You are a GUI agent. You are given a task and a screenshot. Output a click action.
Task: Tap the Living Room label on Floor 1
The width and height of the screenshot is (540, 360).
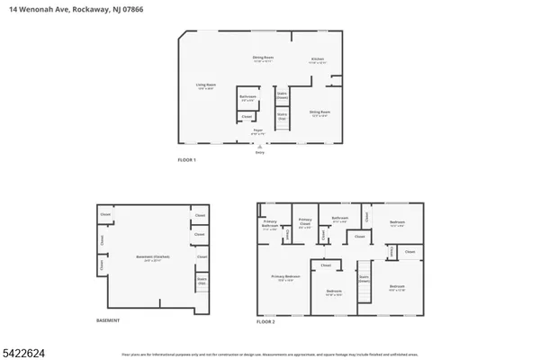click(x=206, y=86)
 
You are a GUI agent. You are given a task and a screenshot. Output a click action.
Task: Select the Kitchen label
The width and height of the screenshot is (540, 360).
click(x=319, y=60)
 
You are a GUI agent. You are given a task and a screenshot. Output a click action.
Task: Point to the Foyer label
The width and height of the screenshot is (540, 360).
click(x=257, y=131)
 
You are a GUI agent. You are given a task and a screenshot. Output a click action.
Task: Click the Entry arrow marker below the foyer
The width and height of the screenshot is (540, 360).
click(x=260, y=151)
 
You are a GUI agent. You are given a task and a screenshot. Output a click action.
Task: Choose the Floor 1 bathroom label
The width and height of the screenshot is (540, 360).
click(x=247, y=97)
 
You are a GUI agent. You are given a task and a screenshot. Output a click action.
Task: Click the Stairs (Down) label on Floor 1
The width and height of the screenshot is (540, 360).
click(x=282, y=97)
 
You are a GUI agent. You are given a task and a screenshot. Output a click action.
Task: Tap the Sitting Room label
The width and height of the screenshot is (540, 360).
click(x=319, y=113)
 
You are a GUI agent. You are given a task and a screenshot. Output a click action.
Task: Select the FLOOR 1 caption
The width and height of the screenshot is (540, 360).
click(x=186, y=159)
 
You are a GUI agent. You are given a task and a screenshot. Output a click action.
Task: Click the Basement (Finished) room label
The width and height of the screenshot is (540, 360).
click(x=148, y=257)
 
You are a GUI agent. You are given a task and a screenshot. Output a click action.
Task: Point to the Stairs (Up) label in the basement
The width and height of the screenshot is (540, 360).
click(x=202, y=281)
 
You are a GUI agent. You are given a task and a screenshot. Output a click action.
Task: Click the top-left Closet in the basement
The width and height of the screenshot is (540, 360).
click(x=105, y=214)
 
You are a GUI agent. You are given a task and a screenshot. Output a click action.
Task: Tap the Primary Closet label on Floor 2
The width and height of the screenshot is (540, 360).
click(x=305, y=221)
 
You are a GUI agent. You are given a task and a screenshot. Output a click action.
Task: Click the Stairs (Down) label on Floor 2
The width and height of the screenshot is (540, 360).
click(x=364, y=278)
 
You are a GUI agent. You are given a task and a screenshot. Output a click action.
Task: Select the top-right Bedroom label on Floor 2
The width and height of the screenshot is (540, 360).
click(x=397, y=222)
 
